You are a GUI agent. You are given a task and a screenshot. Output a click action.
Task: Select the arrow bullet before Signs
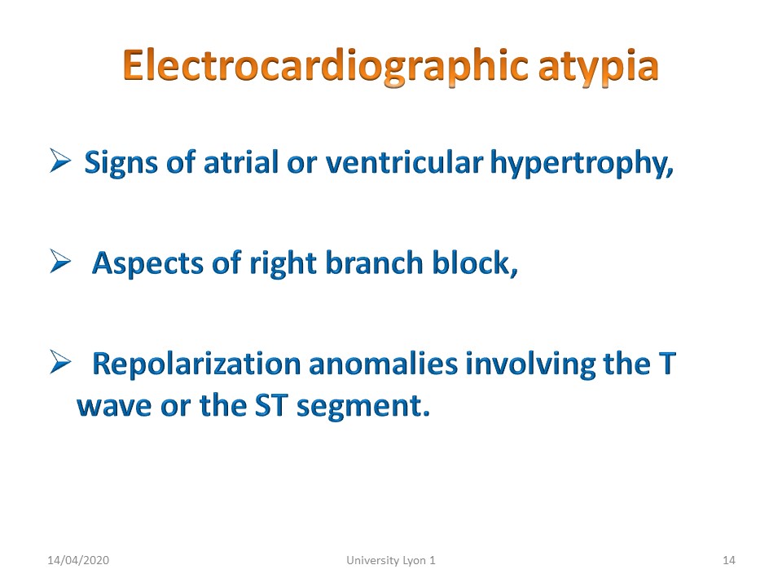pos(59,161)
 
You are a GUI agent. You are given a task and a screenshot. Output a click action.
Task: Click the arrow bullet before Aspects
pos(59,261)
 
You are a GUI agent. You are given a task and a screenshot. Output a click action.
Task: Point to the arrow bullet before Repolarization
pos(59,362)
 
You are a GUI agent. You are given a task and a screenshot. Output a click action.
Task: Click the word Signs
pos(121,164)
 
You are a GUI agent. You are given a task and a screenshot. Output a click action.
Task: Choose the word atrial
pos(241,162)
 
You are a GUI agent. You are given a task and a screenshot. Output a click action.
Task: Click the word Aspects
pos(147,264)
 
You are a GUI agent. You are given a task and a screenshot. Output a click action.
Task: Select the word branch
pos(374,263)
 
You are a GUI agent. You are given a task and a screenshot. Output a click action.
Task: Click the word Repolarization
pos(196,364)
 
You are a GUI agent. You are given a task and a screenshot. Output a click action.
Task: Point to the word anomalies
pos(383,364)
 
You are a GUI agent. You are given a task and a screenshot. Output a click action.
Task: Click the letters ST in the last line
pos(271,405)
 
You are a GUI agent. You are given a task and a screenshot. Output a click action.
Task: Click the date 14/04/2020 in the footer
pos(78,561)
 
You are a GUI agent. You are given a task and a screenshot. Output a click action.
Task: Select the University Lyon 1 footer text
pos(391,561)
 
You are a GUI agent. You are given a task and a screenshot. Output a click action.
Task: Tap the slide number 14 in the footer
pos(728,561)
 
